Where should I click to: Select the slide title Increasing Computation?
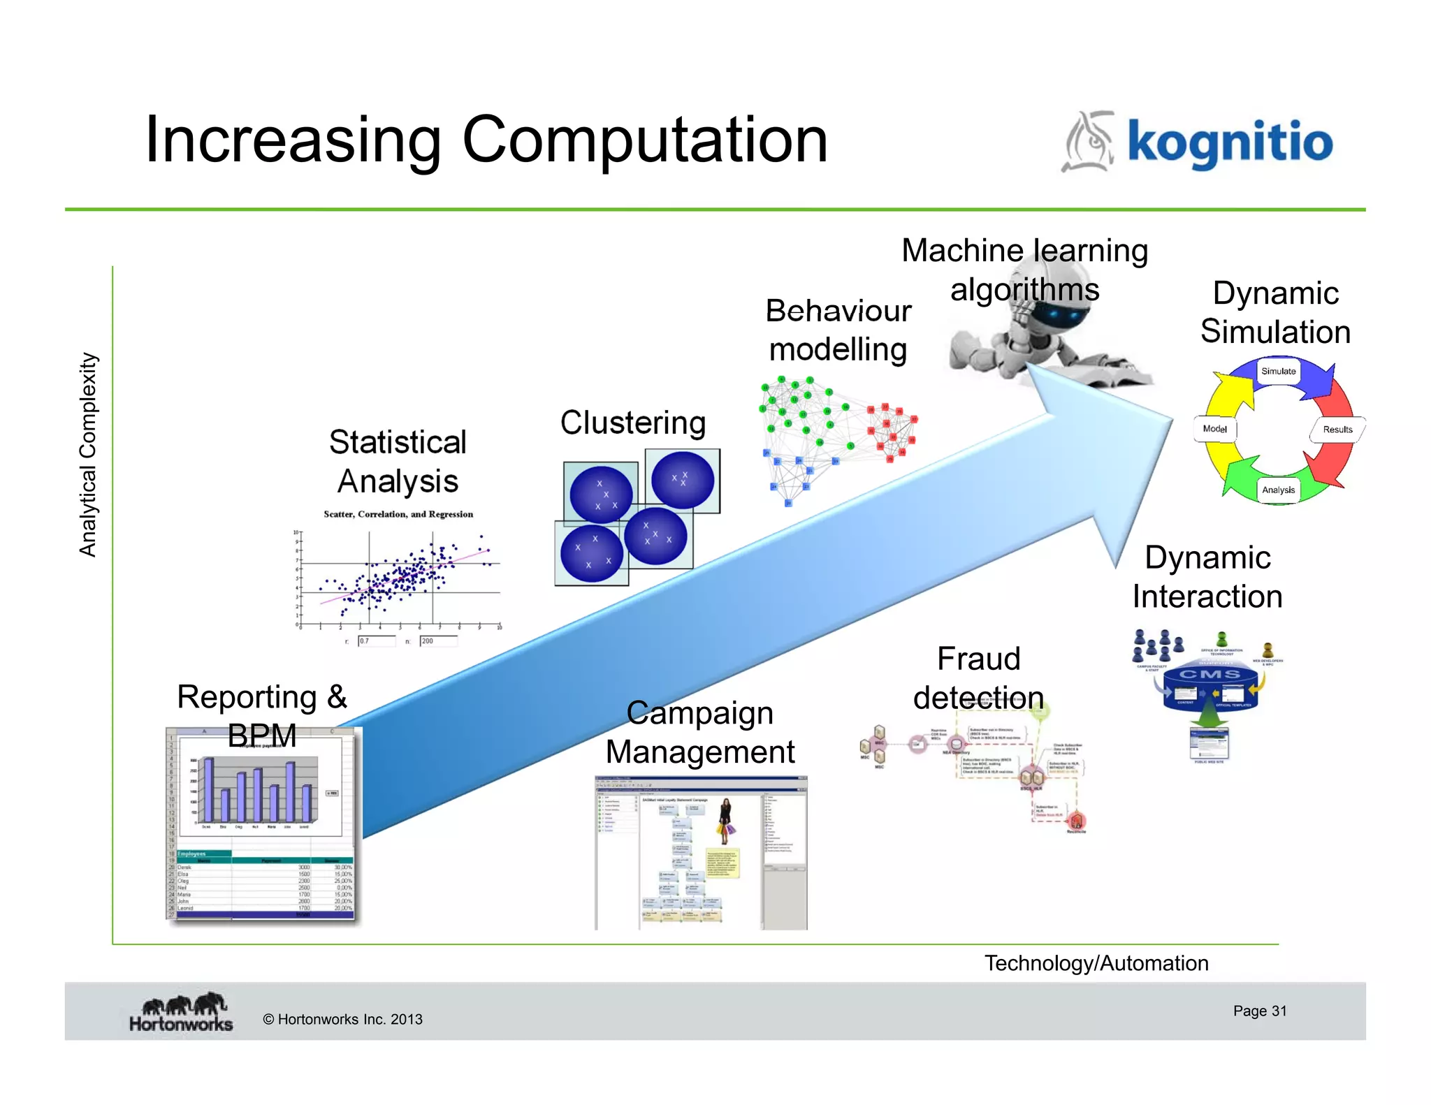(x=486, y=140)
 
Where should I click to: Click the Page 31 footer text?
(x=1259, y=1011)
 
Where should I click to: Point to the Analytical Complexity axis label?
(x=87, y=455)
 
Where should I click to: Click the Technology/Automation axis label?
(x=1096, y=963)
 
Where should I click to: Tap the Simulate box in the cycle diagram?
(x=1278, y=371)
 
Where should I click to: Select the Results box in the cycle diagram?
(x=1337, y=430)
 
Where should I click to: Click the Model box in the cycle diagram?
(x=1214, y=429)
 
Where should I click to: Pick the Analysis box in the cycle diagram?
(x=1278, y=490)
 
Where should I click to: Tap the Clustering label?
(x=633, y=423)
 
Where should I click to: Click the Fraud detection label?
(x=978, y=678)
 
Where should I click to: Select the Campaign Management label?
(x=700, y=732)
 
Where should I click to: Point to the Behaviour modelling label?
(x=838, y=330)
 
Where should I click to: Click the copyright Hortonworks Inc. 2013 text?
(x=342, y=1019)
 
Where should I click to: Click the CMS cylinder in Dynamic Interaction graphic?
(x=1210, y=688)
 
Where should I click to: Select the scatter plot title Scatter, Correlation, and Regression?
(x=398, y=514)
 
